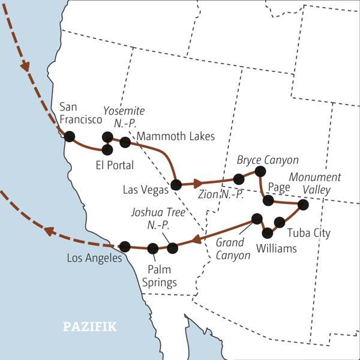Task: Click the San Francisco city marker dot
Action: [69, 136]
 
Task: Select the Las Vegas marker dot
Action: [176, 184]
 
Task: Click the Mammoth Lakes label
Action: [175, 137]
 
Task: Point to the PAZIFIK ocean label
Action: [90, 327]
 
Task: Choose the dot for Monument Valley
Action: [303, 205]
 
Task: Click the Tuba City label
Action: [308, 233]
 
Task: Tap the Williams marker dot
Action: [268, 232]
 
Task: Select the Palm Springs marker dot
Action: [153, 248]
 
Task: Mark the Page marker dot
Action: [268, 200]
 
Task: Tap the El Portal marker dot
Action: [107, 149]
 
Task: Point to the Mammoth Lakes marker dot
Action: [125, 142]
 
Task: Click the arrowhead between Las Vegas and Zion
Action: [196, 182]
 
